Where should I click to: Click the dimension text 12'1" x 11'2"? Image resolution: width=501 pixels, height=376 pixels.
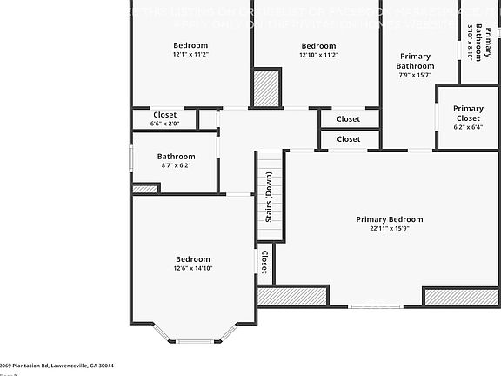click(190, 54)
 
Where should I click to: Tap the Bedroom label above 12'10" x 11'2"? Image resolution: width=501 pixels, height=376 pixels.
click(318, 45)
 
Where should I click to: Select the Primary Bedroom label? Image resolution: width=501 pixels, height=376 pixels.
click(389, 219)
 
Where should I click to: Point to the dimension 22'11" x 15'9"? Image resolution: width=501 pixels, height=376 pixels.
click(389, 229)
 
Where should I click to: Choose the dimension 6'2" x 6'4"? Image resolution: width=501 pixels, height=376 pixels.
click(468, 127)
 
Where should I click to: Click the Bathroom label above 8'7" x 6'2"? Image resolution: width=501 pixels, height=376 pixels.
click(176, 157)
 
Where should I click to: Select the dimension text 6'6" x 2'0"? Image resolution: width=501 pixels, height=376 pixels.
click(164, 124)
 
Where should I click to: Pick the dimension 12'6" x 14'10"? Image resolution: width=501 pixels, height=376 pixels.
click(192, 268)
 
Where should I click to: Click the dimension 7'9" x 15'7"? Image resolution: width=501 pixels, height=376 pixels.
click(415, 75)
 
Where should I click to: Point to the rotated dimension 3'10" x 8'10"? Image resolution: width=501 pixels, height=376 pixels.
click(470, 42)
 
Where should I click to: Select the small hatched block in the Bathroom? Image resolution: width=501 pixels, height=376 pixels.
click(145, 188)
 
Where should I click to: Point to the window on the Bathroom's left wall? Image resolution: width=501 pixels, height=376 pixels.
click(131, 159)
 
